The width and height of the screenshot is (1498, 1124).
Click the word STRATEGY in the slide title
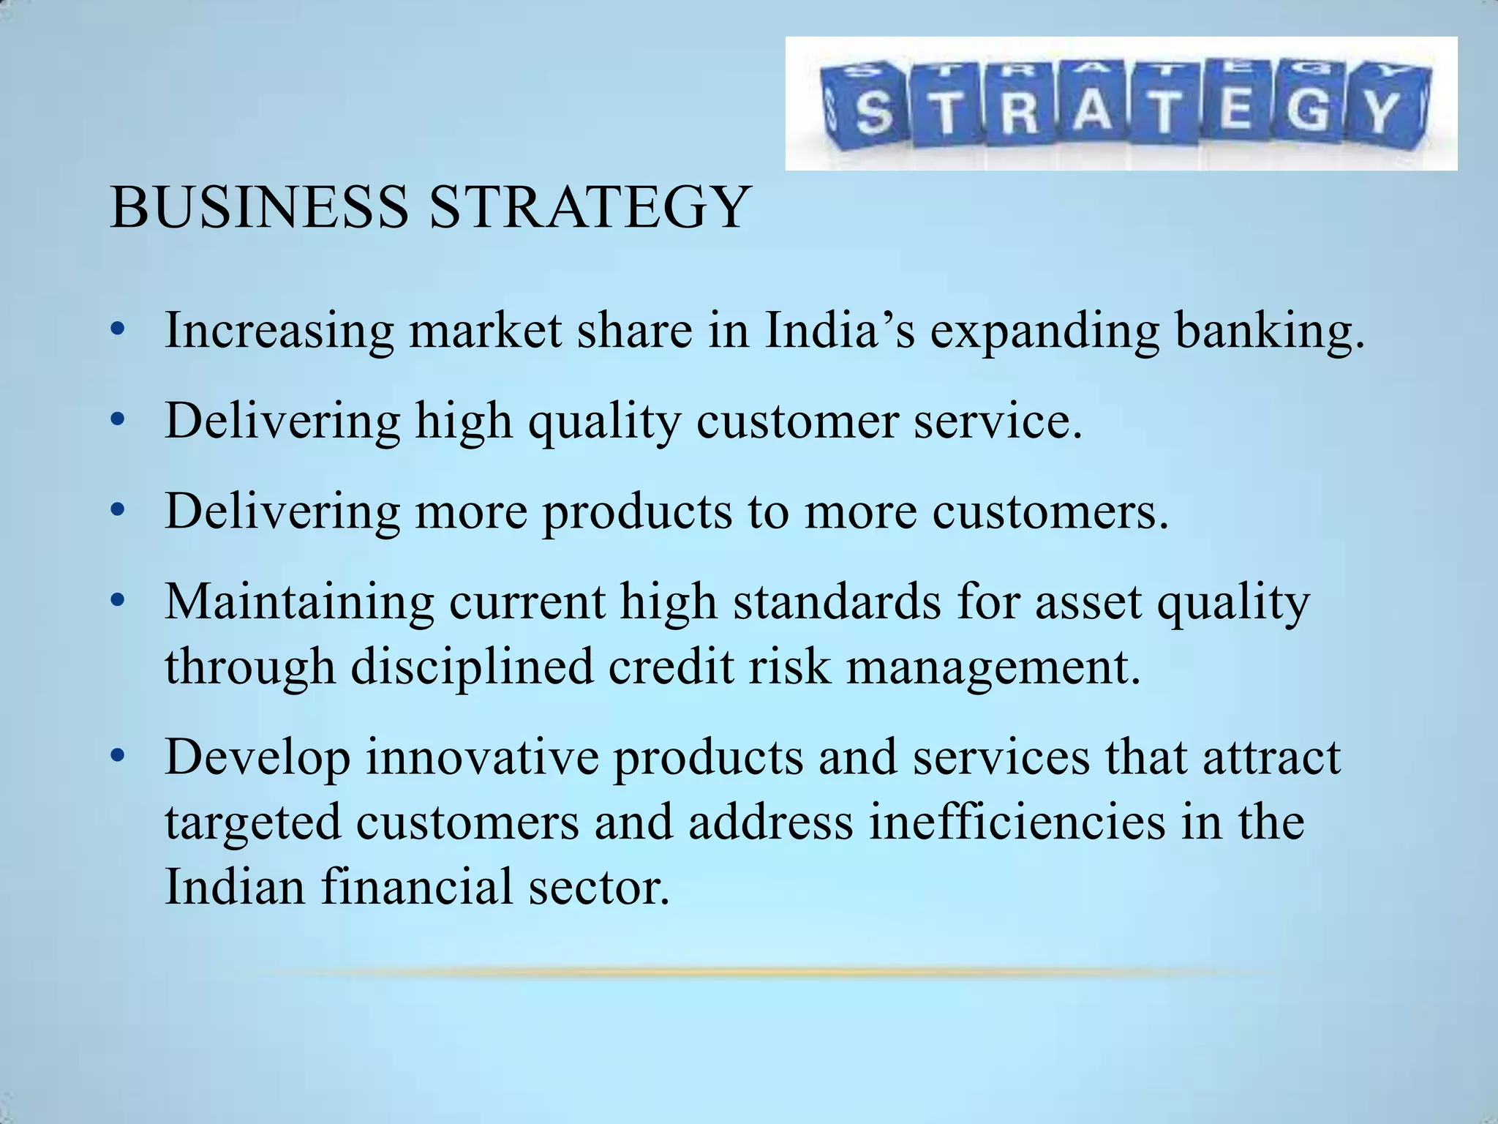pos(588,207)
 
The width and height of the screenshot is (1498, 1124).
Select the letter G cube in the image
pos(1309,110)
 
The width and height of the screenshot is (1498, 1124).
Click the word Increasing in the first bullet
pos(279,331)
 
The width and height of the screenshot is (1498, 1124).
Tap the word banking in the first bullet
pos(1270,331)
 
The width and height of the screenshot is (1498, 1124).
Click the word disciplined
pos(472,667)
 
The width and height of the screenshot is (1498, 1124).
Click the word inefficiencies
pos(1017,822)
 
